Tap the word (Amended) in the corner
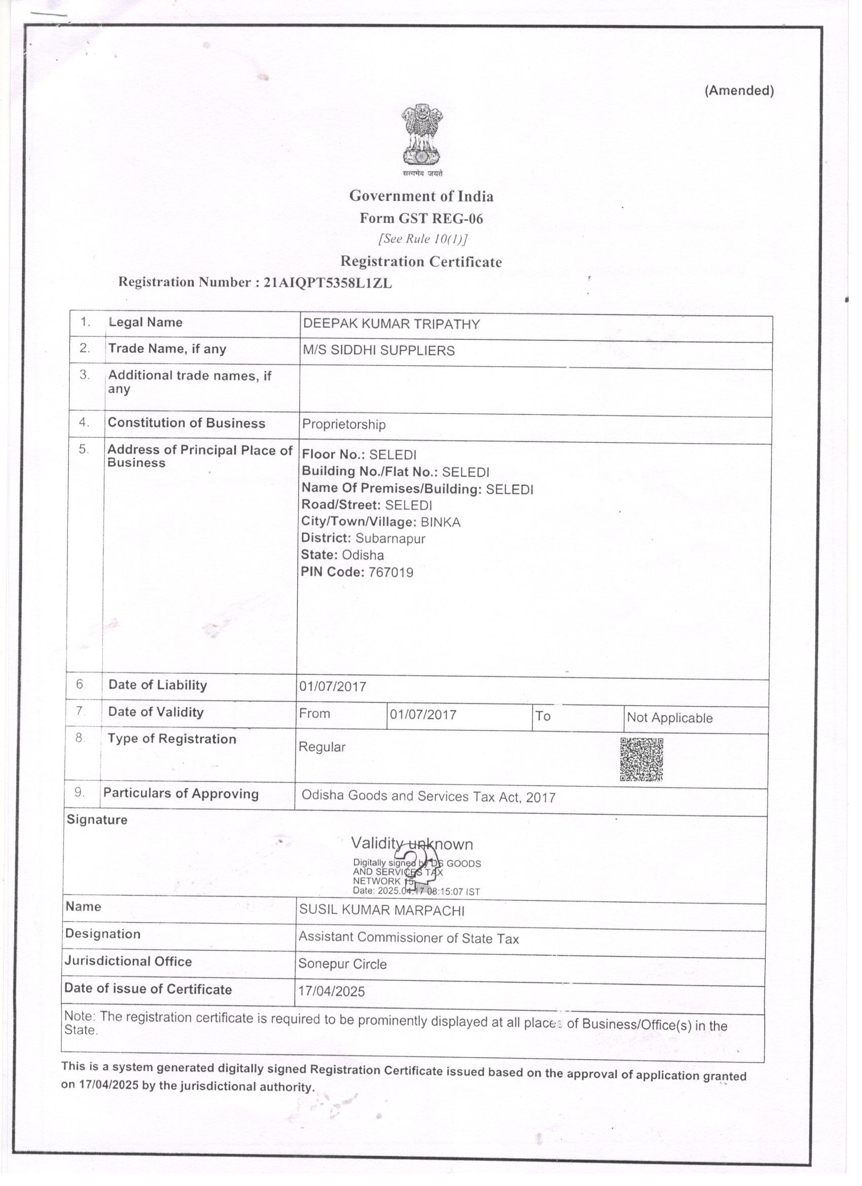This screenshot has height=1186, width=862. [739, 90]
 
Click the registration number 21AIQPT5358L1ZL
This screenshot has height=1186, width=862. [328, 283]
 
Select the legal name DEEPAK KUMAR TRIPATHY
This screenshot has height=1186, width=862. [391, 324]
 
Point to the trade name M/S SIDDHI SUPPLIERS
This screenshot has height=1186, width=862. [378, 351]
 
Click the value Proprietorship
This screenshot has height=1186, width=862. [343, 424]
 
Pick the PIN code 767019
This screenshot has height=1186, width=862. [390, 572]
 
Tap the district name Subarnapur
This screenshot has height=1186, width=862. [390, 538]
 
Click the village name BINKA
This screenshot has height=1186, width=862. [440, 522]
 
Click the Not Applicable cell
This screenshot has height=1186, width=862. [669, 717]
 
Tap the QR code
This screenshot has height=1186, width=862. [641, 759]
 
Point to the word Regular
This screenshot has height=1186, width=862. [321, 747]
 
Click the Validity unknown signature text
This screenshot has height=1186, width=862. [411, 844]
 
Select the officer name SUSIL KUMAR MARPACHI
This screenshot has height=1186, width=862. [382, 911]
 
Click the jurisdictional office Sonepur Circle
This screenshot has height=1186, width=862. [342, 964]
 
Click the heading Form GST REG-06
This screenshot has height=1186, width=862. [421, 219]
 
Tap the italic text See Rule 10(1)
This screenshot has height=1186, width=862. [422, 239]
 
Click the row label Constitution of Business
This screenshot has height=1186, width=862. [186, 423]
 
